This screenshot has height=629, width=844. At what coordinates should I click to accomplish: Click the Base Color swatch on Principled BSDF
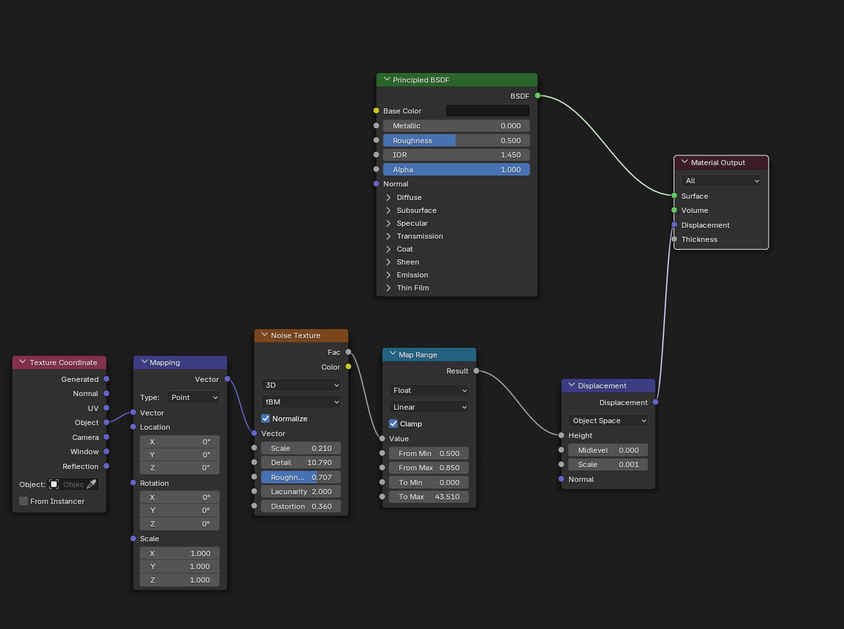pos(487,111)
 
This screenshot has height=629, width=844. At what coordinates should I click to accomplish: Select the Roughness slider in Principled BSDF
pos(456,141)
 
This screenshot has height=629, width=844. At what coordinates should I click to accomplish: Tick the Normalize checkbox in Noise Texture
pos(265,418)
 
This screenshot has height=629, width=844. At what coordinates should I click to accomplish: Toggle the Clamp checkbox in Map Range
pos(393,424)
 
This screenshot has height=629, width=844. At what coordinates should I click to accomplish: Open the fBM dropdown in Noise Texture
pos(301,402)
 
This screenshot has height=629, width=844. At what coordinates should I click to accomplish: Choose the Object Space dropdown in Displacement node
pos(608,421)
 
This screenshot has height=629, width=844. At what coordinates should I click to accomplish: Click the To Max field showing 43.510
pos(428,497)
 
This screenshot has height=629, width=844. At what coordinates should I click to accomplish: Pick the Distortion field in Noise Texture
pos(301,506)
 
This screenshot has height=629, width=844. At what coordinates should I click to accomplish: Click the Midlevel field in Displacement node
pos(608,450)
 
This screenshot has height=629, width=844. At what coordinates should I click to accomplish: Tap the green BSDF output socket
pos(538,95)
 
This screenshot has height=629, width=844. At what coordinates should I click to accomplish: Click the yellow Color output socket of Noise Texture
pos(348,367)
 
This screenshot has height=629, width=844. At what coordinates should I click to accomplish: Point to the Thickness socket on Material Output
pos(674,239)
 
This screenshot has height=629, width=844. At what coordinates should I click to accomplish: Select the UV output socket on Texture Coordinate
pos(106,408)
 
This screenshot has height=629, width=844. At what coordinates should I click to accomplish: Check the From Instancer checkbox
pos(23,501)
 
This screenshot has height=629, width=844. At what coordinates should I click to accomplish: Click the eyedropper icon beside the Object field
pos(92,484)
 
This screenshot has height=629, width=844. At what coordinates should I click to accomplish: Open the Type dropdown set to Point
pos(193,397)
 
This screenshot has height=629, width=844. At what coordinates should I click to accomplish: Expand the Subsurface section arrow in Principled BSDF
pos(388,210)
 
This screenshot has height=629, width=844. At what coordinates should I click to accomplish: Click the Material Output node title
pos(718,163)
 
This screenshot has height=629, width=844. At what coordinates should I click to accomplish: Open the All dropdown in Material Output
pos(721,181)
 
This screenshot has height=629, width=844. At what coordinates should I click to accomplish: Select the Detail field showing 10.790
pos(301,463)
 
